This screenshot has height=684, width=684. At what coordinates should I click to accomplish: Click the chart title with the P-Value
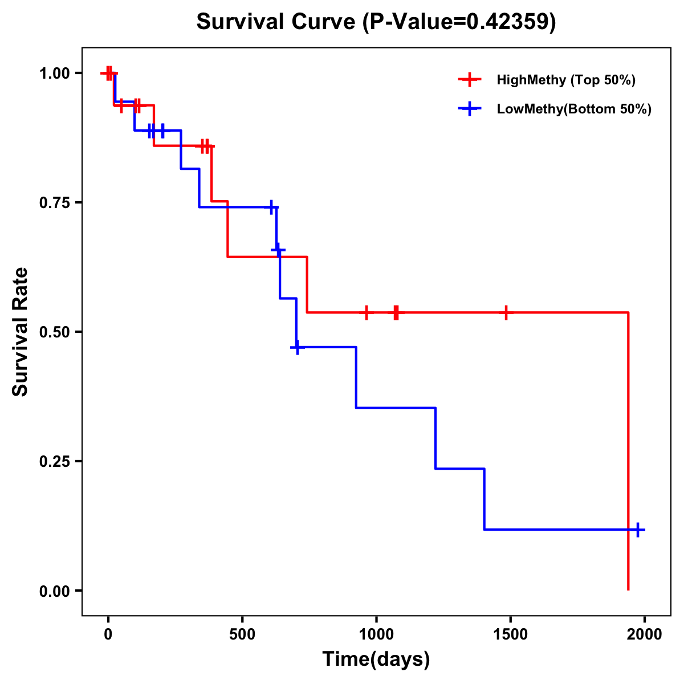(376, 22)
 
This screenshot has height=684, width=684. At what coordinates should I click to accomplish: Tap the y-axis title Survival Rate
(21, 332)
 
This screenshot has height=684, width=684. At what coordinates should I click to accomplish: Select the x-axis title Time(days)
(376, 659)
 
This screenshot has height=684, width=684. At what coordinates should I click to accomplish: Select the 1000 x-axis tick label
(376, 634)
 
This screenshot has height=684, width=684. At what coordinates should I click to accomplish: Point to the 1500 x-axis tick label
(510, 634)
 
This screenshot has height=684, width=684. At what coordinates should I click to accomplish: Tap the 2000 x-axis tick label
(644, 634)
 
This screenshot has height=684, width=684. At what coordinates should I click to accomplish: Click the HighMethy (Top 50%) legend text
(566, 80)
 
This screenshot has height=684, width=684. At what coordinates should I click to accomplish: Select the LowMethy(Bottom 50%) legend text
(574, 109)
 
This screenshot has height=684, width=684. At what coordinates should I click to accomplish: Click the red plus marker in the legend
(470, 80)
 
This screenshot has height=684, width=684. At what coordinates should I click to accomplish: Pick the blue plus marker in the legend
(470, 109)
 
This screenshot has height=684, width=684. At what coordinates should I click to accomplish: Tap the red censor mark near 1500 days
(506, 312)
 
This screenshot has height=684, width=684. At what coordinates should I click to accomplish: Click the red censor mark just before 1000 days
(366, 312)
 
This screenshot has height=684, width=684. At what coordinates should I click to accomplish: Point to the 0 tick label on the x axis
(108, 634)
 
